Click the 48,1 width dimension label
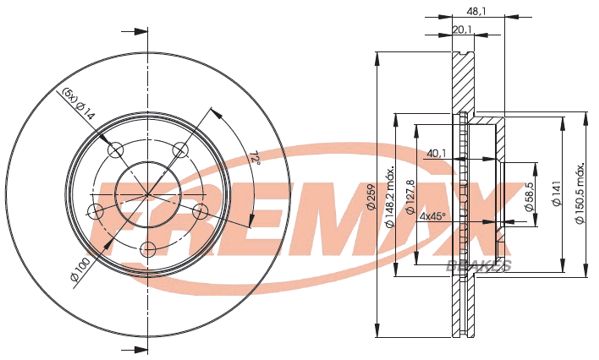coord(476,12)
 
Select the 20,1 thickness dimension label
coord(462,29)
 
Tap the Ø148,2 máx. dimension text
coord(390,197)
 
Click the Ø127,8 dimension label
coord(410,196)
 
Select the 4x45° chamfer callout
coord(432,216)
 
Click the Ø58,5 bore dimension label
coord(529,196)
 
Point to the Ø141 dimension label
coord(557,193)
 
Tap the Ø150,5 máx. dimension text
coord(580,194)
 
